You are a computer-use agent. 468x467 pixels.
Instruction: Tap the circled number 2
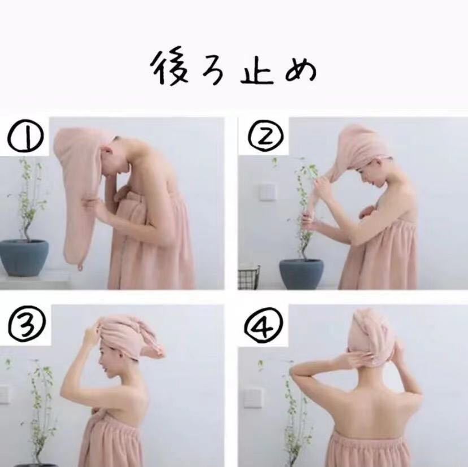(266, 136)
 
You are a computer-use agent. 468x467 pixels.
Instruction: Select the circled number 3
(27, 325)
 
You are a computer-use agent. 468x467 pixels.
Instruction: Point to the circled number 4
(264, 325)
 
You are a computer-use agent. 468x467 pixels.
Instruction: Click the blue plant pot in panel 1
(23, 257)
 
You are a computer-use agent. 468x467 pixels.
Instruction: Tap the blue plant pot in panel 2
(301, 274)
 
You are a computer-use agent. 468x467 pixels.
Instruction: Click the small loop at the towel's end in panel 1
(80, 267)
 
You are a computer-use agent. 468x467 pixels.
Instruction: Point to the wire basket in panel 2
(249, 277)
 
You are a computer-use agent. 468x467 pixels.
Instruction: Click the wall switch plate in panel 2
(267, 192)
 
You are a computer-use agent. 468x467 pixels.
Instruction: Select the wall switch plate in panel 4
(252, 398)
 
